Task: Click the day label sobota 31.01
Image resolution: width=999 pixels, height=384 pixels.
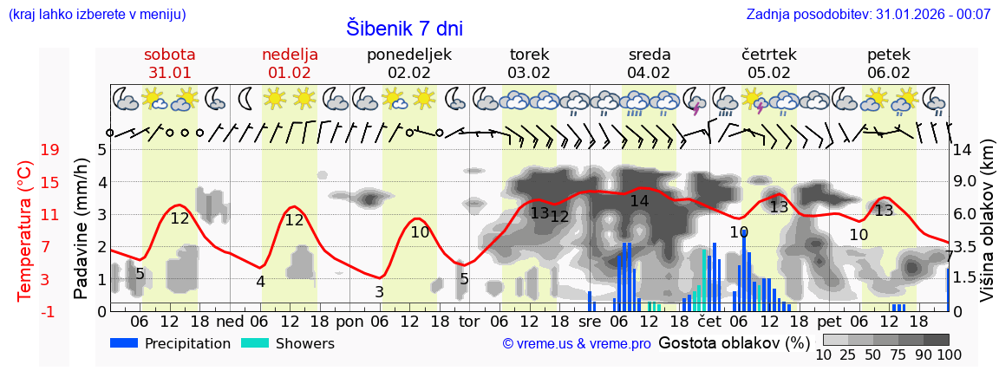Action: click(x=169, y=63)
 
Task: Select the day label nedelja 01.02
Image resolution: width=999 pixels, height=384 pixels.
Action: click(x=290, y=63)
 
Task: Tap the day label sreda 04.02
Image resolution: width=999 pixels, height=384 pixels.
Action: click(x=650, y=63)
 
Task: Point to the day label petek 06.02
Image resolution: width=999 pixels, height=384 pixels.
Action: click(x=889, y=63)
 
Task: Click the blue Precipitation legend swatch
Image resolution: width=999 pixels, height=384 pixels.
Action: click(x=125, y=343)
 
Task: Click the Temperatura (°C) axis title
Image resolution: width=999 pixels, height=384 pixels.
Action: click(x=25, y=231)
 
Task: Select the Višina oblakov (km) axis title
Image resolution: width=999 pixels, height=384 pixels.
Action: click(x=987, y=231)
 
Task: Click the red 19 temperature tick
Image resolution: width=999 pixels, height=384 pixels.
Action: click(x=49, y=150)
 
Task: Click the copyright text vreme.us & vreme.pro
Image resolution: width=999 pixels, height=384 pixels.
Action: click(x=577, y=344)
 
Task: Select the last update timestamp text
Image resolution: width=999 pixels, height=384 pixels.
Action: click(x=868, y=14)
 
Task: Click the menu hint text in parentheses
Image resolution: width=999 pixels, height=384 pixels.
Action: click(x=97, y=14)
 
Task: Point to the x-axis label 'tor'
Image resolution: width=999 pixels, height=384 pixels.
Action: click(x=469, y=321)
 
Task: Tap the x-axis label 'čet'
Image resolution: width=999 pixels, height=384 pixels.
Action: click(x=709, y=321)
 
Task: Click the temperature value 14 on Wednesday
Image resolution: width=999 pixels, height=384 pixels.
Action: click(x=639, y=201)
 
